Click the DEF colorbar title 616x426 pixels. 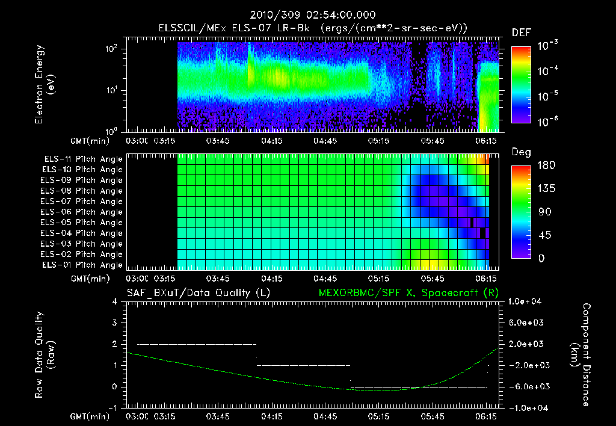[x=521, y=32]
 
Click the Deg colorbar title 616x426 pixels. [x=521, y=152]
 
